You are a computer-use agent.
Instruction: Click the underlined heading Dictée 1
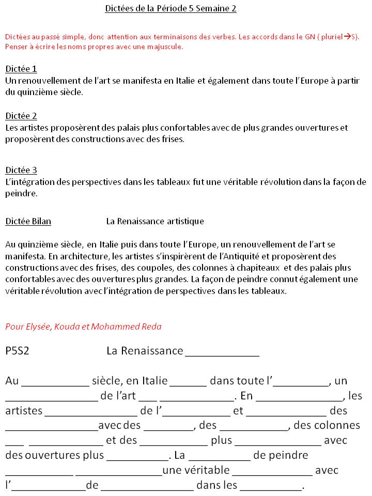(21, 69)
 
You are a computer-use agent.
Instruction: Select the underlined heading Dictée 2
(21, 116)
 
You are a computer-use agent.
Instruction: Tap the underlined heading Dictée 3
(21, 170)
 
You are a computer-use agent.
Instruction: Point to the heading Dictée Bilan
(28, 221)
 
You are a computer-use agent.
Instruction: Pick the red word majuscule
(165, 47)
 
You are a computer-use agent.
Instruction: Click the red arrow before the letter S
(347, 37)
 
